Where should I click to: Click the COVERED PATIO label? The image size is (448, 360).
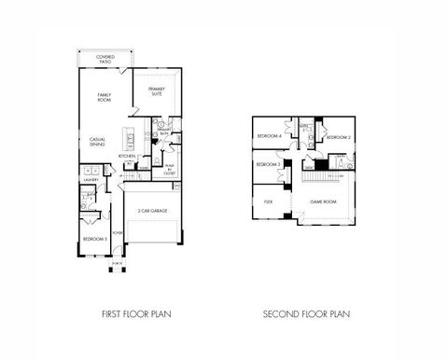tap(105, 59)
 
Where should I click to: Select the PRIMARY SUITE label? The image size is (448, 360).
tap(157, 90)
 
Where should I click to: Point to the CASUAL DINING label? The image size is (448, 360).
tap(98, 142)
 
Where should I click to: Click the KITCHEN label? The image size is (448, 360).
tap(126, 156)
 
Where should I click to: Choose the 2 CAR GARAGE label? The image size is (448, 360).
tap(154, 212)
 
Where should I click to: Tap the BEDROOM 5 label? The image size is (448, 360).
tap(94, 239)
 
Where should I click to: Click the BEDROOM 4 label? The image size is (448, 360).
tap(269, 137)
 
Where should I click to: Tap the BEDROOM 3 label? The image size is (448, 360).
tap(269, 164)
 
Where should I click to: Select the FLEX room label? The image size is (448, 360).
tap(268, 201)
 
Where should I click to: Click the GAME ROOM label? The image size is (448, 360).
tap(323, 201)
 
